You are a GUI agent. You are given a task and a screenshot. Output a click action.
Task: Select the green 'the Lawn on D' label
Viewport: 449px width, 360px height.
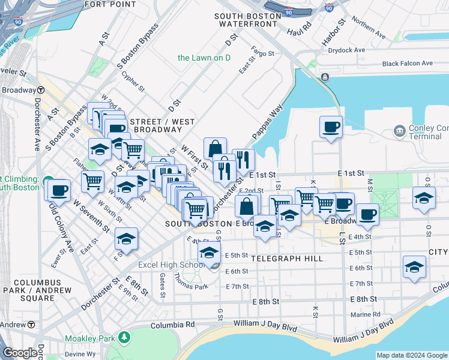pyautogui.click(x=204, y=58)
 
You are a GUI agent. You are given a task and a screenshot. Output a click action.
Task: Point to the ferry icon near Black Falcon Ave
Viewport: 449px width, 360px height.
pyautogui.click(x=325, y=77)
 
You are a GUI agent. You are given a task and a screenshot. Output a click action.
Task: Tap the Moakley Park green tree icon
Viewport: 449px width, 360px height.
pyautogui.click(x=124, y=338)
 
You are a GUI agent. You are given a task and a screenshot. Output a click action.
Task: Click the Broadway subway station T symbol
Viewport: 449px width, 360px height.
pyautogui.click(x=40, y=90)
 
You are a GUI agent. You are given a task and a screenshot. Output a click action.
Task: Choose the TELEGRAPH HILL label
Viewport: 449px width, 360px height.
pyautogui.click(x=287, y=259)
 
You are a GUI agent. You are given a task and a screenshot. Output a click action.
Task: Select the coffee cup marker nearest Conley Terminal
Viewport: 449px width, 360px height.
pyautogui.click(x=330, y=127)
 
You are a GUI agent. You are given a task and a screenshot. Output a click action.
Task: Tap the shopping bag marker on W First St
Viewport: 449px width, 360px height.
pyautogui.click(x=215, y=148)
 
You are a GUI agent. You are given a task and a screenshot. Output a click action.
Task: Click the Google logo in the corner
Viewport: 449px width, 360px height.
pyautogui.click(x=20, y=353)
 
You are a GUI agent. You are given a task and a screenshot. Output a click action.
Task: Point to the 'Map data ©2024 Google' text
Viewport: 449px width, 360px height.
pyautogui.click(x=411, y=355)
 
